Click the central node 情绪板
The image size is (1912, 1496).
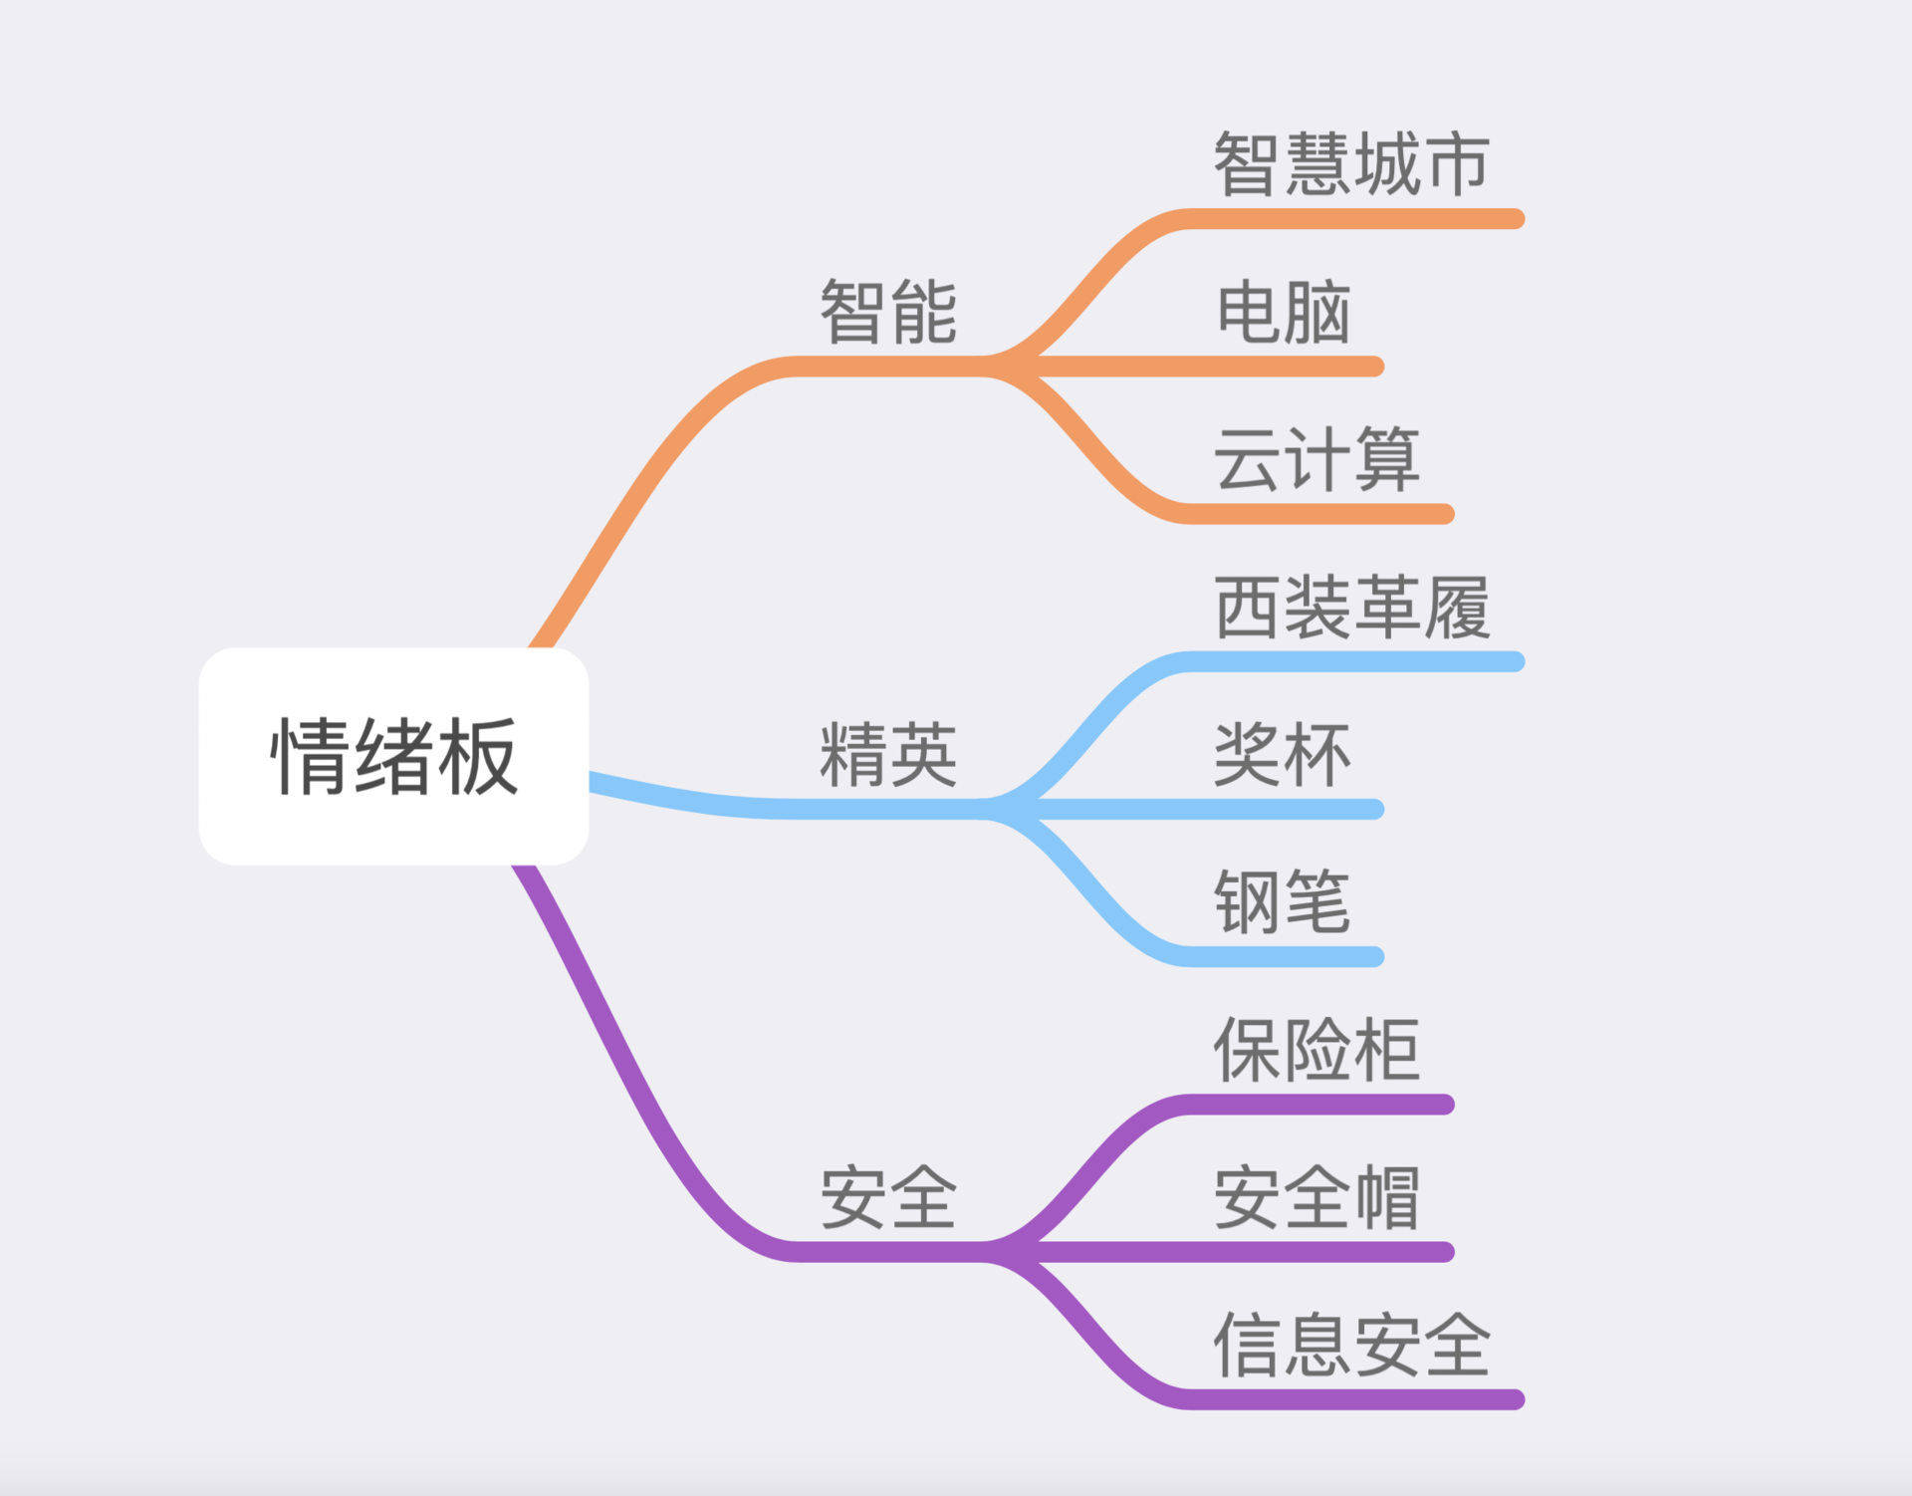(x=393, y=756)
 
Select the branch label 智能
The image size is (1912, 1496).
(x=888, y=312)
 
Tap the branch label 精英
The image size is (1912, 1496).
(x=888, y=755)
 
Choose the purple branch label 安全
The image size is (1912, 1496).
(x=888, y=1197)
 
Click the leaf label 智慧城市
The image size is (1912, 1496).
(x=1351, y=164)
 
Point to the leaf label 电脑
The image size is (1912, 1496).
(x=1283, y=312)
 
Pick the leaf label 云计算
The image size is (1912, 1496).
(x=1316, y=459)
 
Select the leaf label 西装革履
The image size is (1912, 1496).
(x=1351, y=607)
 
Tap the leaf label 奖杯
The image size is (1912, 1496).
(x=1283, y=754)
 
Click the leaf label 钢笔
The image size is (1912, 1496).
(x=1283, y=901)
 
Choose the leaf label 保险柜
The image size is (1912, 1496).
(x=1316, y=1050)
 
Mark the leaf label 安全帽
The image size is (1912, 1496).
(x=1316, y=1197)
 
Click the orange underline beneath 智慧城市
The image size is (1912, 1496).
(x=1354, y=219)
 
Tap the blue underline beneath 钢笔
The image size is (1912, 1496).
(x=1285, y=957)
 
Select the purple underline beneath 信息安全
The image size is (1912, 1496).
(x=1354, y=1399)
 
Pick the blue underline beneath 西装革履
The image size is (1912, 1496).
(x=1354, y=662)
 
